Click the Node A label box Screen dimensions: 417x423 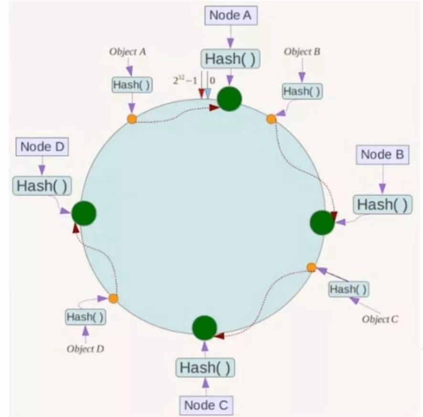[230, 15]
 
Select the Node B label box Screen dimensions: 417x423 [382, 155]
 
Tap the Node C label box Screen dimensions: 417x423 [206, 406]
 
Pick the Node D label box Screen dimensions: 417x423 [42, 147]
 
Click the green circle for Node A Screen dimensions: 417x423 [230, 99]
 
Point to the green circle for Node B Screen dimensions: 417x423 [322, 222]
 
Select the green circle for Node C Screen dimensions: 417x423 [205, 328]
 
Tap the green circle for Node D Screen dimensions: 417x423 [84, 213]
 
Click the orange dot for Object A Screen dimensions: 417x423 [132, 119]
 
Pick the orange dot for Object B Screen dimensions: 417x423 [271, 119]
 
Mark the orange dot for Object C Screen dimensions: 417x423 [311, 267]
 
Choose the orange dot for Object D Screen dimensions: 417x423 [113, 298]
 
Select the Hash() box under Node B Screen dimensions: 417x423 [382, 204]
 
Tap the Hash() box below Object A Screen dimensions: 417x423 [132, 85]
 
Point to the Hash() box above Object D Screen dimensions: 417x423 [85, 317]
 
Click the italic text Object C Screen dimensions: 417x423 [380, 319]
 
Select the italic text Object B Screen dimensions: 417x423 [302, 52]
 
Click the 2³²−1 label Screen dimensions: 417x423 [185, 80]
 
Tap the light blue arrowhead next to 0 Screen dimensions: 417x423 [208, 93]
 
